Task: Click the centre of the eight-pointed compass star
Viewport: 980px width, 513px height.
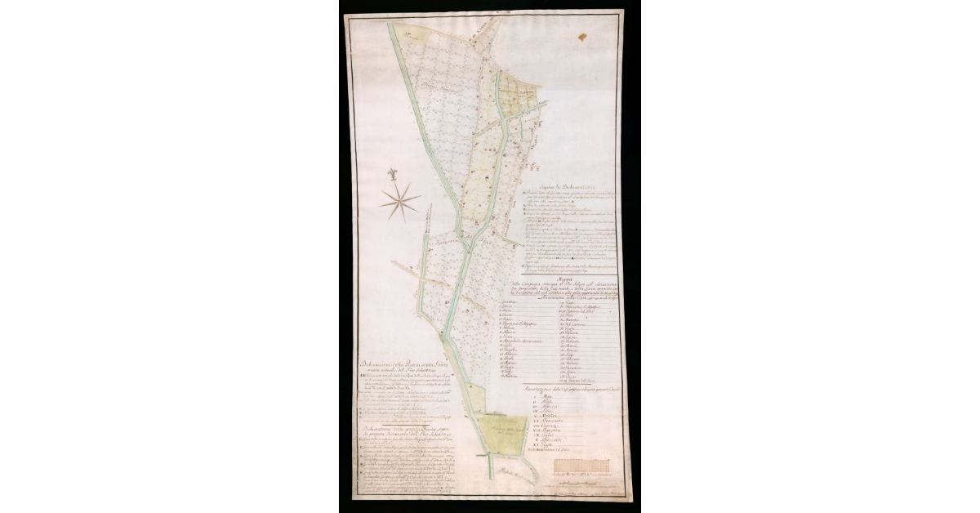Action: [400, 202]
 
